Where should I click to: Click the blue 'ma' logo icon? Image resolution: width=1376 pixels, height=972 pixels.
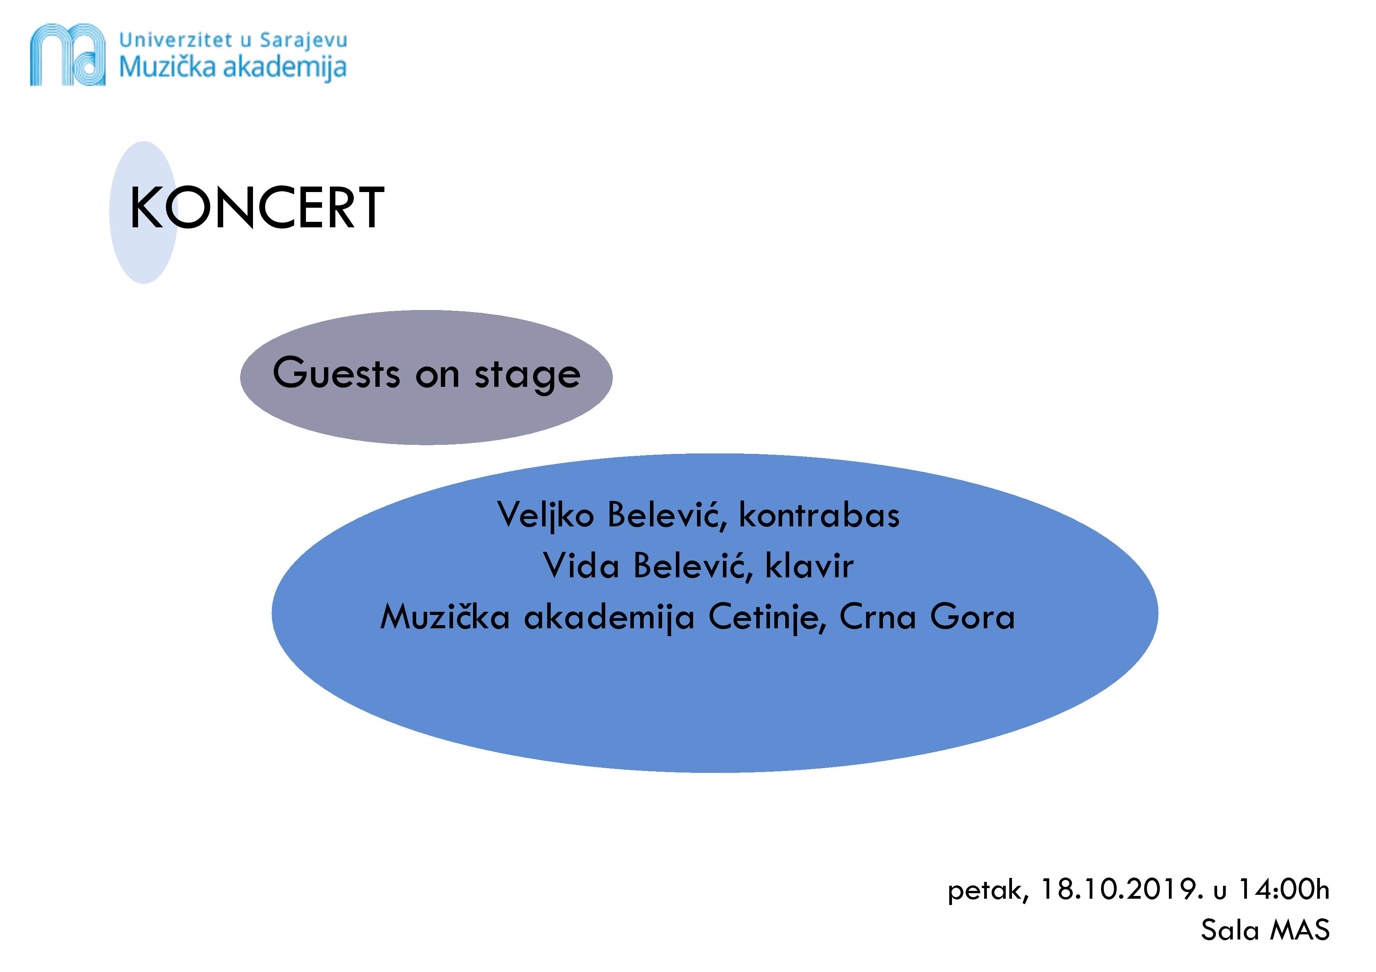(x=68, y=54)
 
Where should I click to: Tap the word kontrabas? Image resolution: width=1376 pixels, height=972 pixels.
(x=819, y=515)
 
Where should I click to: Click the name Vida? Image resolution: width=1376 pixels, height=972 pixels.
(x=581, y=565)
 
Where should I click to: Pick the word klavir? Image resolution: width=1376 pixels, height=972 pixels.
(x=810, y=565)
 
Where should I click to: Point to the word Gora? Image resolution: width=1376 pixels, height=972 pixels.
(x=973, y=617)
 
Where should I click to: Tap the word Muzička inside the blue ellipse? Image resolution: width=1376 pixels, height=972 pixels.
(x=445, y=617)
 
